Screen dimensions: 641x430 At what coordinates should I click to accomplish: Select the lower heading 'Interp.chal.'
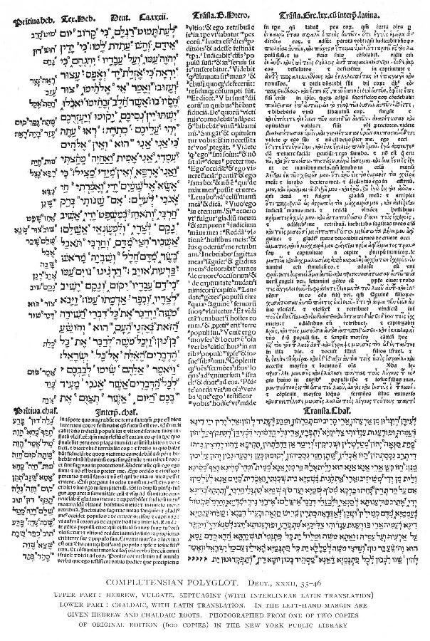[x=112, y=369]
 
